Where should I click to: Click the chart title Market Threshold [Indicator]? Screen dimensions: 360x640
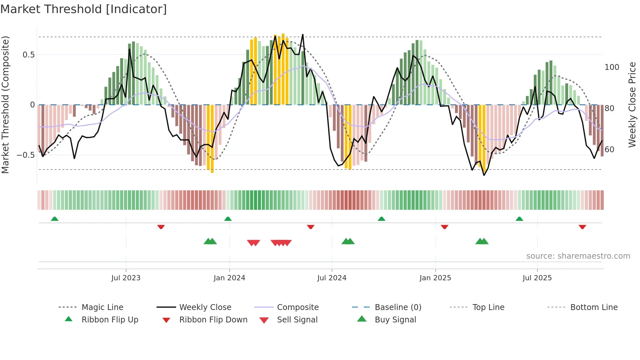[84, 9]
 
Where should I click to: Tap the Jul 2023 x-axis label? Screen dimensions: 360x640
[126, 278]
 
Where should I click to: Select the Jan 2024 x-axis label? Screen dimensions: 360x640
[229, 278]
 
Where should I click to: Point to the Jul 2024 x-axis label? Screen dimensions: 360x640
[332, 278]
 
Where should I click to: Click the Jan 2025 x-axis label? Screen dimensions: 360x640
[435, 278]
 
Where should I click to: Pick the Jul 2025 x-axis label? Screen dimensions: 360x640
[537, 278]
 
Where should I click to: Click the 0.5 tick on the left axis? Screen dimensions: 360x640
[29, 55]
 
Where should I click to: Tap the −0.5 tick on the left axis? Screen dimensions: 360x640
[26, 155]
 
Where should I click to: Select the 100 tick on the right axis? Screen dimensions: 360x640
[612, 67]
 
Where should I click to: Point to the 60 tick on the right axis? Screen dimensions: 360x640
[609, 150]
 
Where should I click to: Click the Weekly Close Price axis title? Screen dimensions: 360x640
[632, 105]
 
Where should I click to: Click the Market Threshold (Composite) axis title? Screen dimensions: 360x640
[5, 105]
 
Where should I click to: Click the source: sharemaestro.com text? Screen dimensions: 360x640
[578, 256]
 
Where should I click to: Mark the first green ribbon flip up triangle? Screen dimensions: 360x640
[55, 219]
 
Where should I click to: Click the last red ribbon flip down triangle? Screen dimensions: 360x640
[582, 227]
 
